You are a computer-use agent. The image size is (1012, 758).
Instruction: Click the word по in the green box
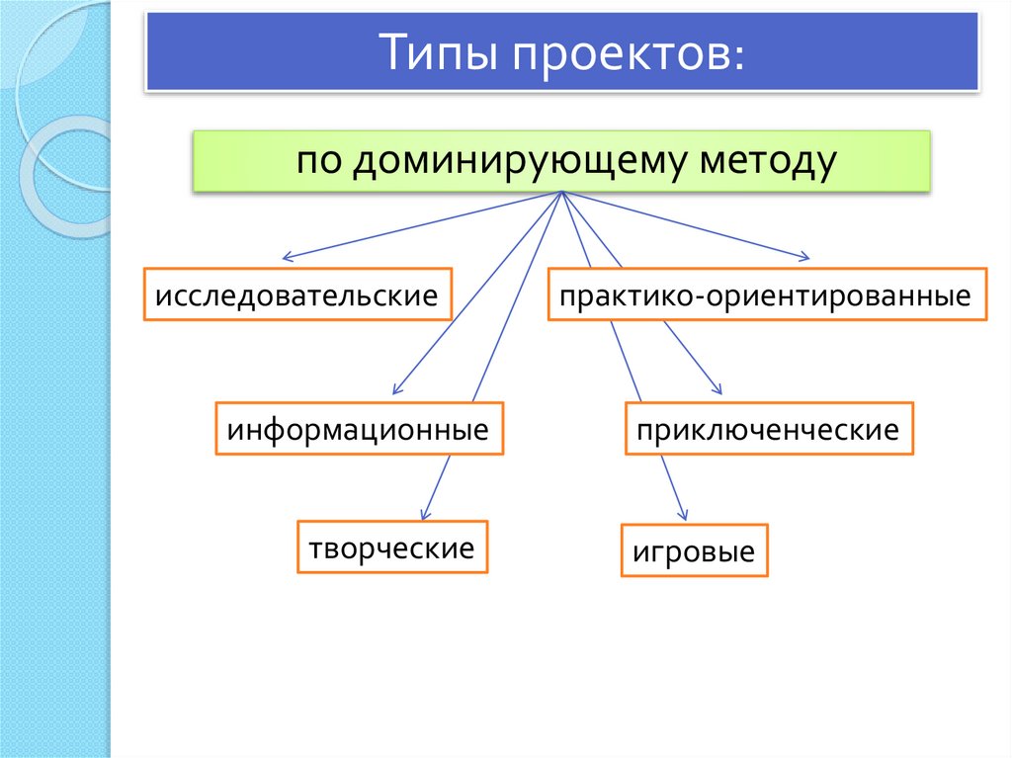point(319,160)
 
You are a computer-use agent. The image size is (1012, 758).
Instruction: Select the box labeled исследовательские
point(297,294)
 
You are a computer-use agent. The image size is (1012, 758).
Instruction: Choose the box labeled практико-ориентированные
point(767,294)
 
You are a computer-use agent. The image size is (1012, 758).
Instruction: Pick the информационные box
point(359,428)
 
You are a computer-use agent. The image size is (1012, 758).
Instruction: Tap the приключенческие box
point(769,428)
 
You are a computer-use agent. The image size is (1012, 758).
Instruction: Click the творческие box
point(391,547)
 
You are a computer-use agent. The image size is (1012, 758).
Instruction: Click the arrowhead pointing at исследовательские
point(287,258)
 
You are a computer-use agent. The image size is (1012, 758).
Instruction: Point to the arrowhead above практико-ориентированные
point(805,258)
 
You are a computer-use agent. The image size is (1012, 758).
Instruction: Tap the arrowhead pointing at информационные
point(397,389)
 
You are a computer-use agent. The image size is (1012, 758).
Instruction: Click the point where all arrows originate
point(562,192)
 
